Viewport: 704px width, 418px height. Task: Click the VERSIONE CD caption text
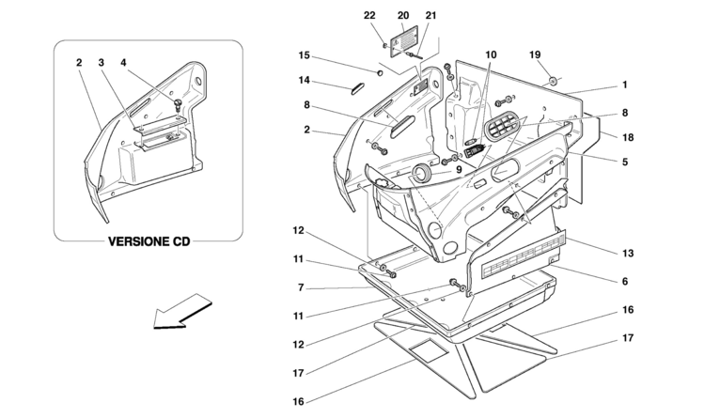point(149,241)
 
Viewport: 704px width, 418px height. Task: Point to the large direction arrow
point(181,311)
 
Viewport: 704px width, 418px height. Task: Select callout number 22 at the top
point(369,15)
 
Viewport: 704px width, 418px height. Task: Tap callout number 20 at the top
point(403,15)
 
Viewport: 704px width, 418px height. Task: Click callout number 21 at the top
point(430,15)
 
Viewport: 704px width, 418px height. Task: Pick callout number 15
point(304,55)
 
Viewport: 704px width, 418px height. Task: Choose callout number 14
point(304,80)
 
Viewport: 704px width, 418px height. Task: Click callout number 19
point(535,54)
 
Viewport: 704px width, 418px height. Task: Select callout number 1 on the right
point(624,85)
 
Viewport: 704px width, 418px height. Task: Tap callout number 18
point(628,138)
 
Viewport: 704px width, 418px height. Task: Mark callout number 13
point(628,254)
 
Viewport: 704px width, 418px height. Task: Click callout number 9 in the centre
point(459,170)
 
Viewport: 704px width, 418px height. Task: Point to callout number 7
point(301,288)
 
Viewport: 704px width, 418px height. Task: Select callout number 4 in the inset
point(123,62)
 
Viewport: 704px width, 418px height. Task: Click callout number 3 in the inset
point(101,62)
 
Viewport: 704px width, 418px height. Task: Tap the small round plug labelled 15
point(380,72)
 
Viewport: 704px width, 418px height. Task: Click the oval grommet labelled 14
point(357,88)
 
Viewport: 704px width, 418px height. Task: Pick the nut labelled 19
point(553,81)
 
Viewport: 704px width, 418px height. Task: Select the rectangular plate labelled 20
point(403,41)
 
